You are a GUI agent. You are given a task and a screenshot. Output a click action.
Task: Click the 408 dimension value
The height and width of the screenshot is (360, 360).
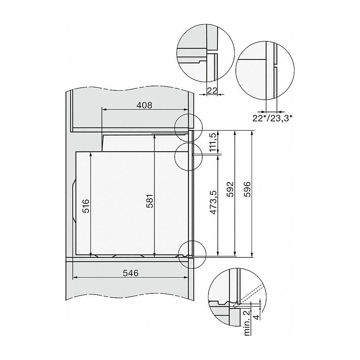tap(145, 105)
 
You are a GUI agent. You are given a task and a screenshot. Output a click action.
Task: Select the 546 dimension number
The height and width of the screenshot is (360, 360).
tap(130, 273)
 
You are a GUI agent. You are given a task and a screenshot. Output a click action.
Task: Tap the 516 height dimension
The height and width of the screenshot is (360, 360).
tap(85, 205)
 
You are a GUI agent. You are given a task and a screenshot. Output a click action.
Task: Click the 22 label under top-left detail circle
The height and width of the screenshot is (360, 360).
tap(212, 91)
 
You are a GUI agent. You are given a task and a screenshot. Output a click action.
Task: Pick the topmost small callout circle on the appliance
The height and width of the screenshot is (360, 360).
tap(189, 127)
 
